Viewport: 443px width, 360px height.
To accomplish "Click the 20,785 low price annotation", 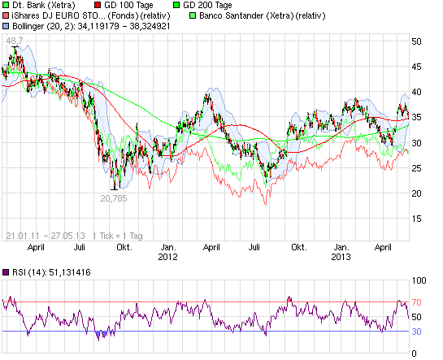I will (x=114, y=197).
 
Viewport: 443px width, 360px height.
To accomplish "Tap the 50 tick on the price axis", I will (x=416, y=41).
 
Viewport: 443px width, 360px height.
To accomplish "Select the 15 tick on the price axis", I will (x=416, y=218).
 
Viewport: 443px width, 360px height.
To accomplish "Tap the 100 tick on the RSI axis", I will (x=419, y=280).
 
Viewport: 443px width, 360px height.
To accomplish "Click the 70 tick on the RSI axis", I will (x=416, y=302).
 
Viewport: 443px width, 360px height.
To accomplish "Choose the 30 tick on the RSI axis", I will (x=416, y=331).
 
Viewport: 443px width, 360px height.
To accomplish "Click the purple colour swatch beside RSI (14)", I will (x=7, y=272).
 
